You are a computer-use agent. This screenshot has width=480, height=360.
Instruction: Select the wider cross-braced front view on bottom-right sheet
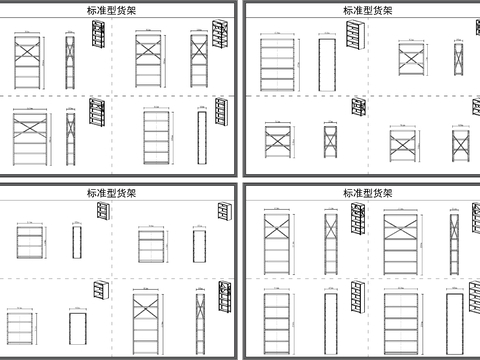[403, 242]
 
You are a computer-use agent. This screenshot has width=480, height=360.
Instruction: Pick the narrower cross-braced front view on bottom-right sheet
[279, 242]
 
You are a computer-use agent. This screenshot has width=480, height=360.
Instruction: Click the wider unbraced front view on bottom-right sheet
[403, 322]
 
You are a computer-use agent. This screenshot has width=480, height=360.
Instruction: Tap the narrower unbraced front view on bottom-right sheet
[279, 322]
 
